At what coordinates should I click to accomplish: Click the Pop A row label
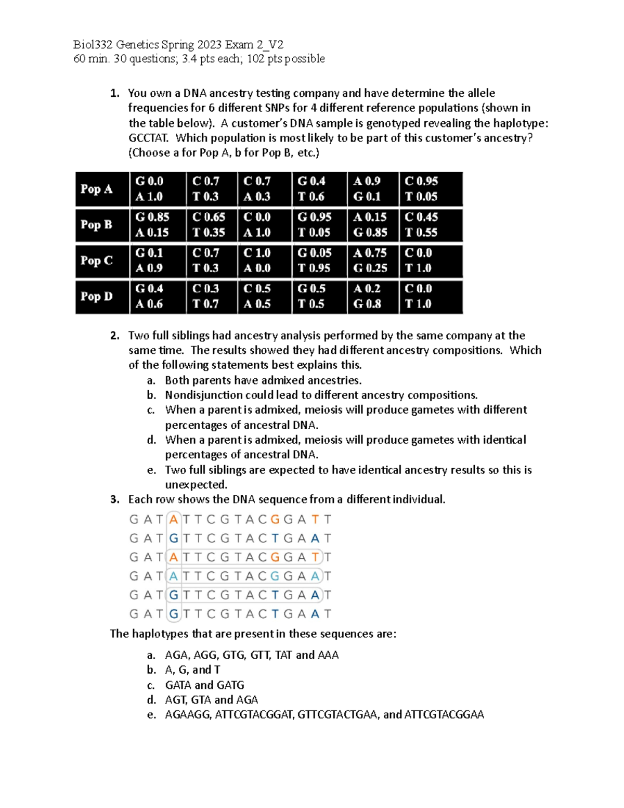(x=97, y=189)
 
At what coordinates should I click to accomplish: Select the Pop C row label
(x=97, y=261)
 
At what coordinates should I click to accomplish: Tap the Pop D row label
(x=97, y=297)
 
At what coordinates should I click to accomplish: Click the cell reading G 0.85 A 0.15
(x=153, y=225)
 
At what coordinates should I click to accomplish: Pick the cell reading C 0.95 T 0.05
(x=422, y=189)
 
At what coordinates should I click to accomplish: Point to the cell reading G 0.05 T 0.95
(x=314, y=261)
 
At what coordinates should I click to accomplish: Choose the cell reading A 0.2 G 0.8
(x=367, y=297)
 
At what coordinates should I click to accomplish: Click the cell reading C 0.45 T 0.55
(x=422, y=225)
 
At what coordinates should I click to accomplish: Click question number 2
(x=115, y=336)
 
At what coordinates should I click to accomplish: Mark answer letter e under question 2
(x=151, y=470)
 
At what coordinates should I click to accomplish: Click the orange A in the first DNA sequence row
(x=174, y=520)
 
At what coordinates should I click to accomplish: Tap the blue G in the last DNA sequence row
(x=174, y=614)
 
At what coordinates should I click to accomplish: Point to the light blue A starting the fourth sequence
(x=174, y=576)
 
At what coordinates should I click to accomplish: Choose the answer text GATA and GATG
(x=204, y=685)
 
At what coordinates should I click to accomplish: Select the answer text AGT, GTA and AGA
(x=211, y=700)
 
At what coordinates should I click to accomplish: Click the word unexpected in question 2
(x=196, y=485)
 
